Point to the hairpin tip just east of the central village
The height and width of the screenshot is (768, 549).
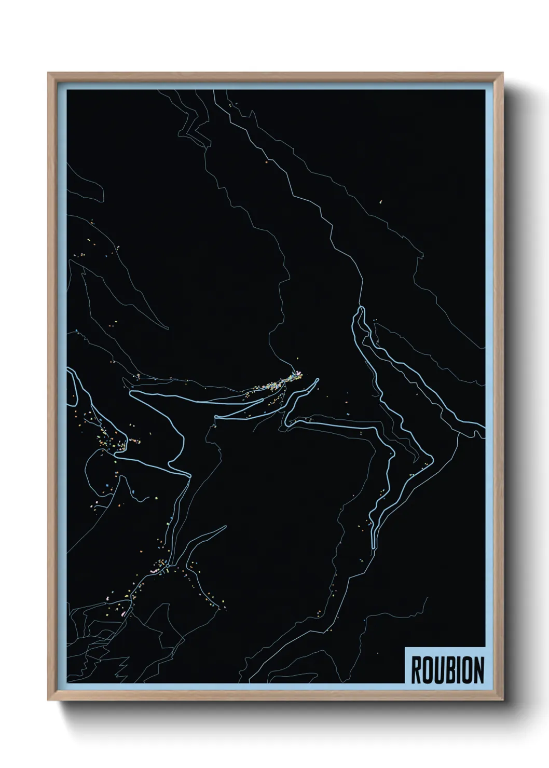(316, 380)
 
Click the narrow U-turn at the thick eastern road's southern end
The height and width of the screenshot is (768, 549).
(374, 545)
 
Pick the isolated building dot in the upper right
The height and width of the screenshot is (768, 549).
(380, 201)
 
